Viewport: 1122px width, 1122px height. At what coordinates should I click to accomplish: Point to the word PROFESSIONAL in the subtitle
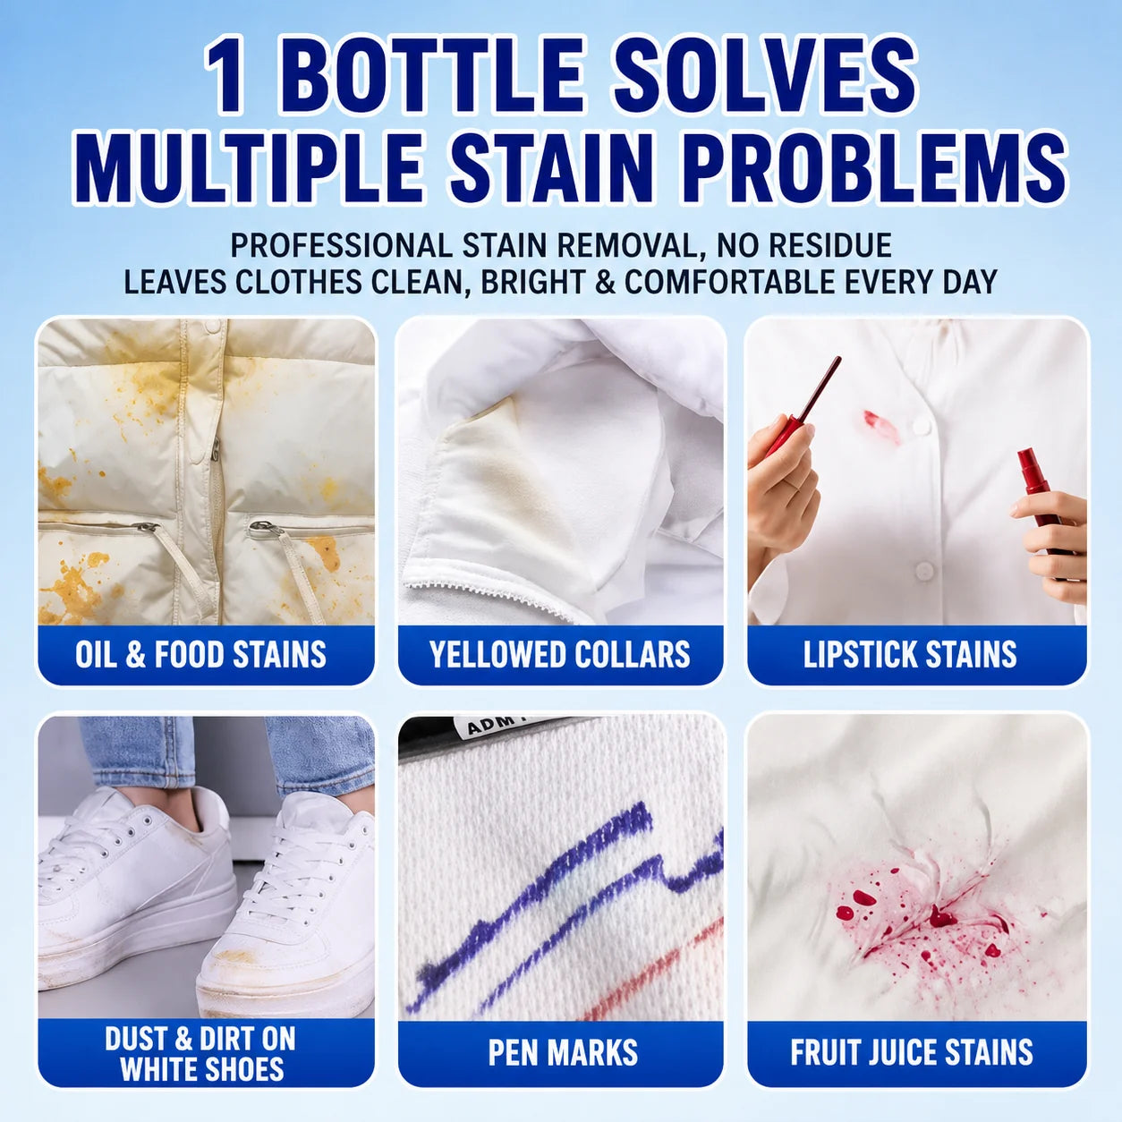(341, 245)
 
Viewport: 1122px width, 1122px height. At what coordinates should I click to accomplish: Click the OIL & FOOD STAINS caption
(200, 654)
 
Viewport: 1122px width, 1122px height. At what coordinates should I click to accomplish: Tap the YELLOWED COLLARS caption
(559, 654)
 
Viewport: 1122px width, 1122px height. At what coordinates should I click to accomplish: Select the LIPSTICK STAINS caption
(910, 654)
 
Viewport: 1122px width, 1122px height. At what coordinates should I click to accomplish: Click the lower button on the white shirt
(924, 570)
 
